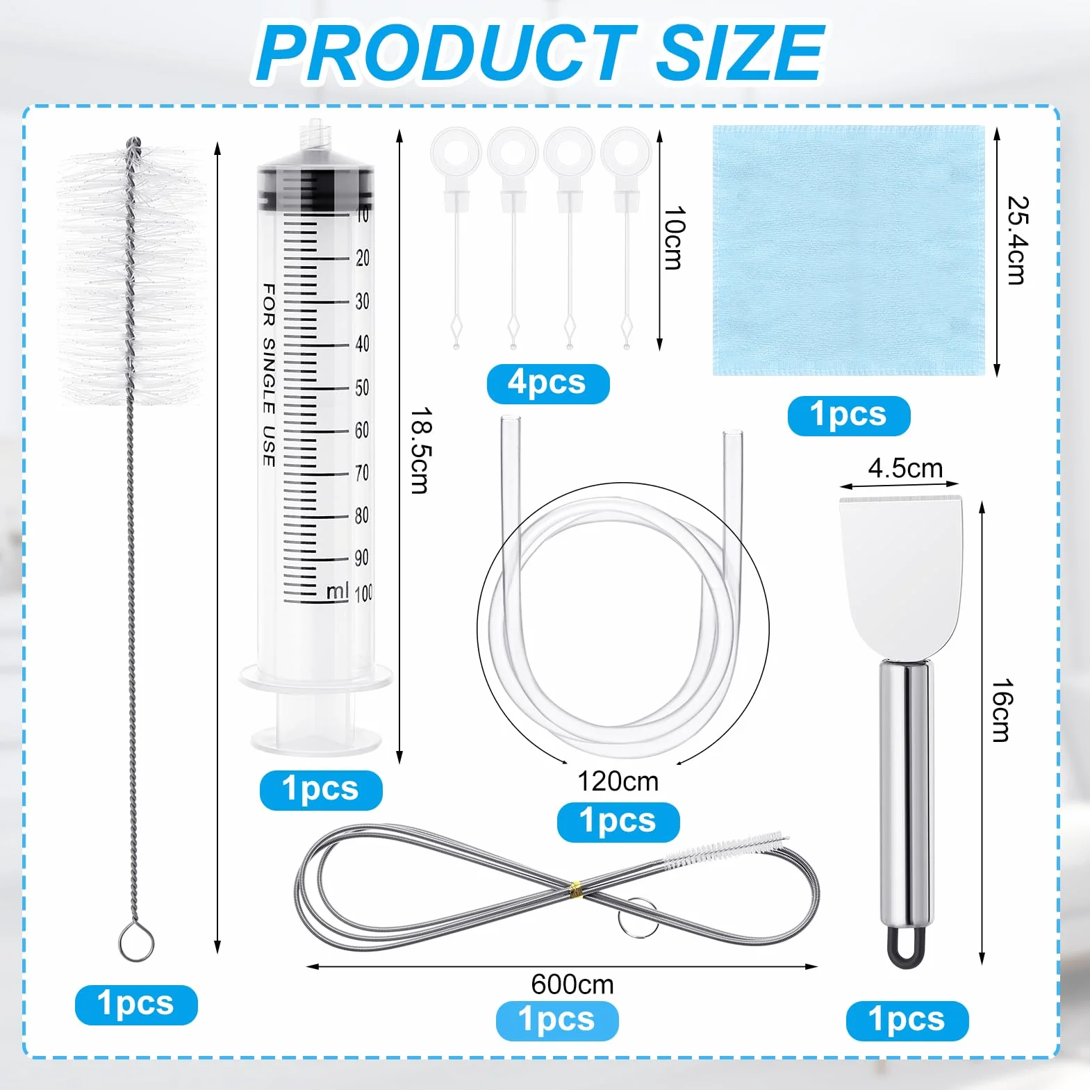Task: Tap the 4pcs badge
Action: point(547,383)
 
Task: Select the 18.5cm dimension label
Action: point(420,450)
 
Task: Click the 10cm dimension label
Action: point(674,238)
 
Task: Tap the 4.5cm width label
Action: point(905,468)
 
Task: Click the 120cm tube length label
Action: point(618,782)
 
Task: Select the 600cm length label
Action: point(572,984)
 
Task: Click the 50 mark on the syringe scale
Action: point(362,388)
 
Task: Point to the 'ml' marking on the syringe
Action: point(338,591)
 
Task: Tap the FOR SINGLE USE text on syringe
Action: point(269,374)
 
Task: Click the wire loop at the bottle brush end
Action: point(136,943)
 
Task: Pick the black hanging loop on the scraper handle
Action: point(906,948)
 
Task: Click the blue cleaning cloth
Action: point(849,251)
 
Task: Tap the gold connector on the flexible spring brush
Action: point(575,886)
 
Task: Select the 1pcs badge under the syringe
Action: point(321,790)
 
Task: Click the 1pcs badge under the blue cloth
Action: point(849,415)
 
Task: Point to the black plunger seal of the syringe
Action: point(316,189)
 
